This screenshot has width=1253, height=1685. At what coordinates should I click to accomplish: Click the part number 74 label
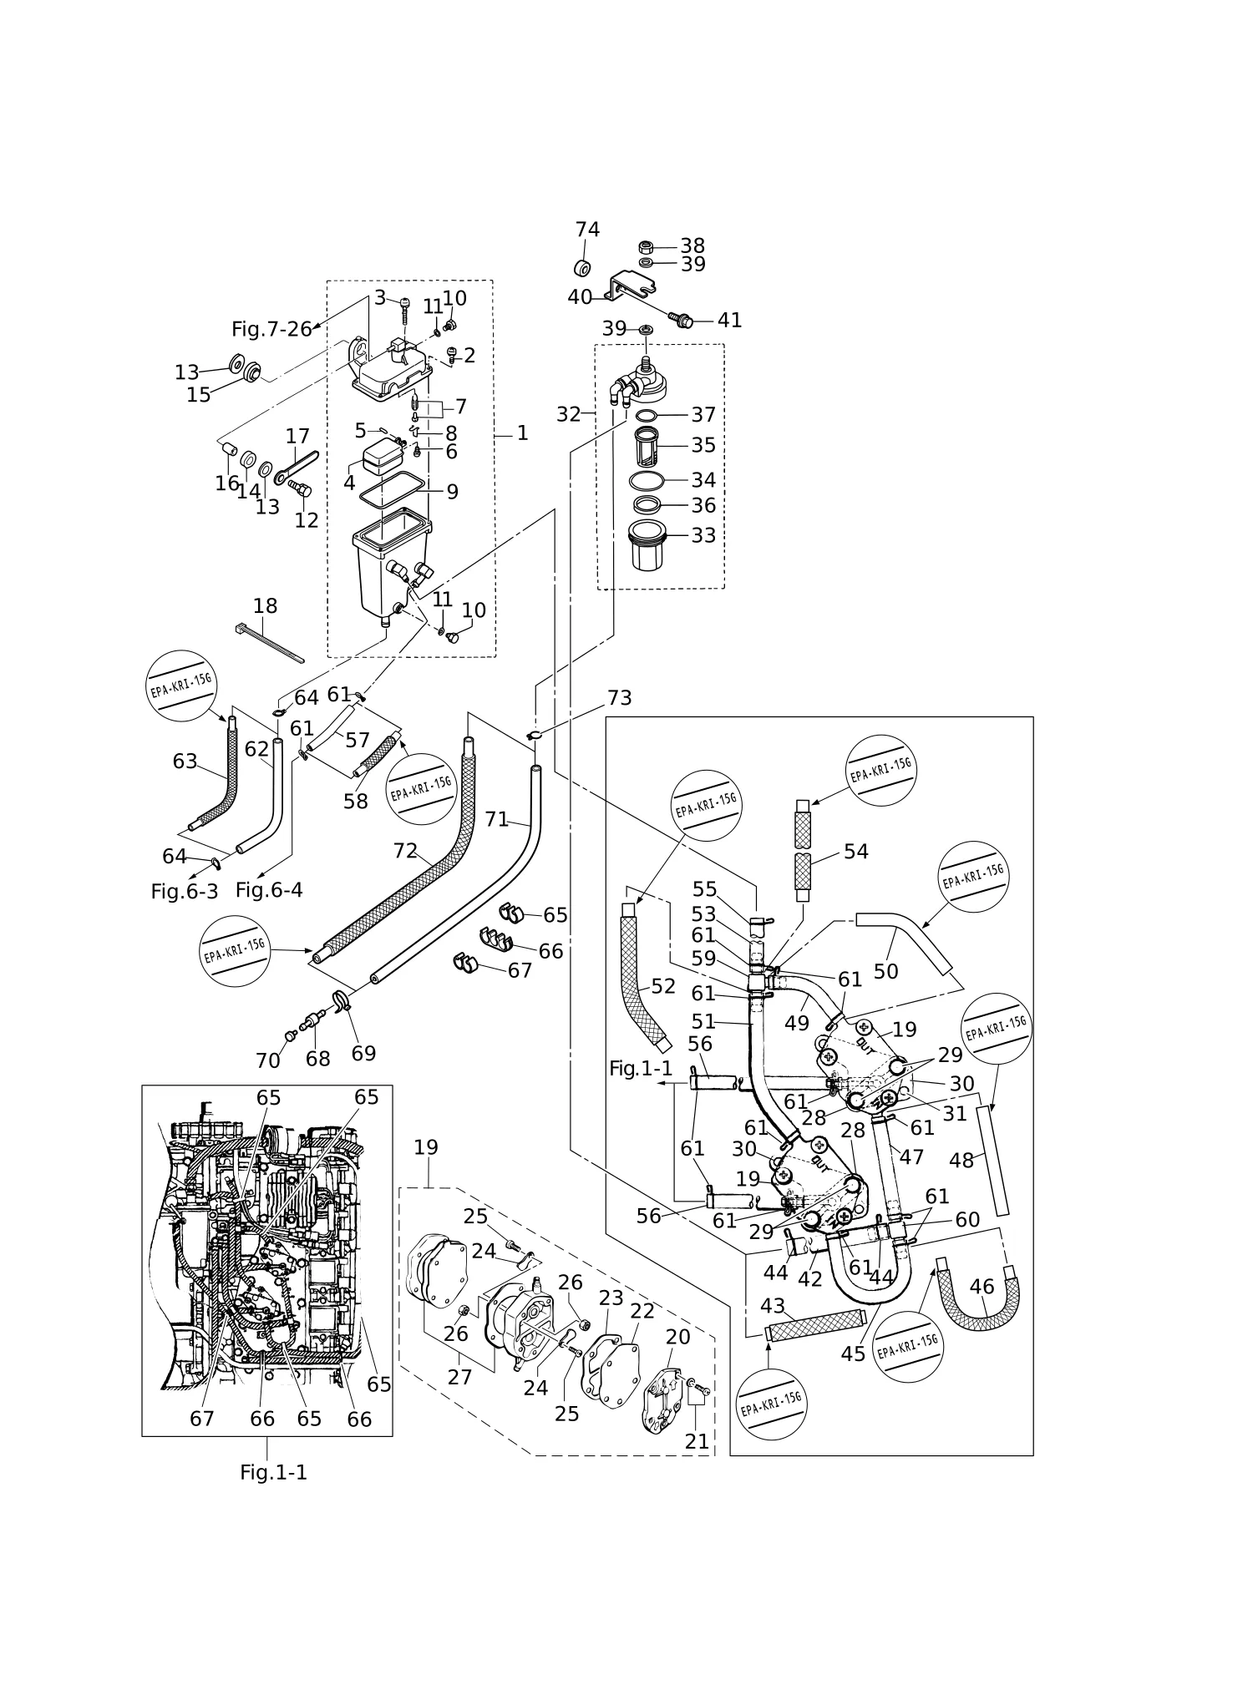[x=587, y=230]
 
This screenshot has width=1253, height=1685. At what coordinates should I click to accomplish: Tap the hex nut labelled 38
[x=645, y=246]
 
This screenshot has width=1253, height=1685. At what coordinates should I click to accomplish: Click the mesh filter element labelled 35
[x=647, y=445]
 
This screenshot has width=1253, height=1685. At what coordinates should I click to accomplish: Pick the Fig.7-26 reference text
[x=271, y=329]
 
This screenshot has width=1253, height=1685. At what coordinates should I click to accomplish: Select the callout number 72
[x=405, y=850]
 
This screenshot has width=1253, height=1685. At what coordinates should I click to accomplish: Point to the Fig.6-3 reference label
[x=185, y=892]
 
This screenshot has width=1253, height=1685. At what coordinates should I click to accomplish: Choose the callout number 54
[x=856, y=852]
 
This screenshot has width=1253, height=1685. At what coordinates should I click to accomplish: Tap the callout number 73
[x=620, y=698]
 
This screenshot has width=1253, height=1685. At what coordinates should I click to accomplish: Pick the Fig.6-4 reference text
[x=269, y=890]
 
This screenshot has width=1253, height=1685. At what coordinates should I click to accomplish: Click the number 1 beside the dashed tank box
[x=522, y=433]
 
